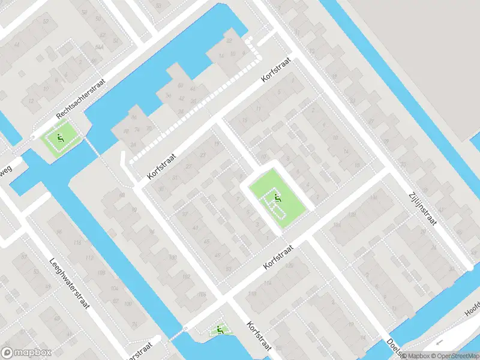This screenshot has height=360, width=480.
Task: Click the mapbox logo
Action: pyautogui.click(x=25, y=353)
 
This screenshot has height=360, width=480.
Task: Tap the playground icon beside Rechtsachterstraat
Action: pyautogui.click(x=60, y=139)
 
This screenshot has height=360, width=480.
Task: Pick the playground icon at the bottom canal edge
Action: pyautogui.click(x=220, y=329)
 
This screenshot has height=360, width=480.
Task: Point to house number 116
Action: pyautogui.click(x=77, y=242)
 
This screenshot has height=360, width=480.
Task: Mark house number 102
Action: pyautogui.click(x=186, y=276)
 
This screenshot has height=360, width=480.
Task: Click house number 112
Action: pyautogui.click(x=89, y=258)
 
